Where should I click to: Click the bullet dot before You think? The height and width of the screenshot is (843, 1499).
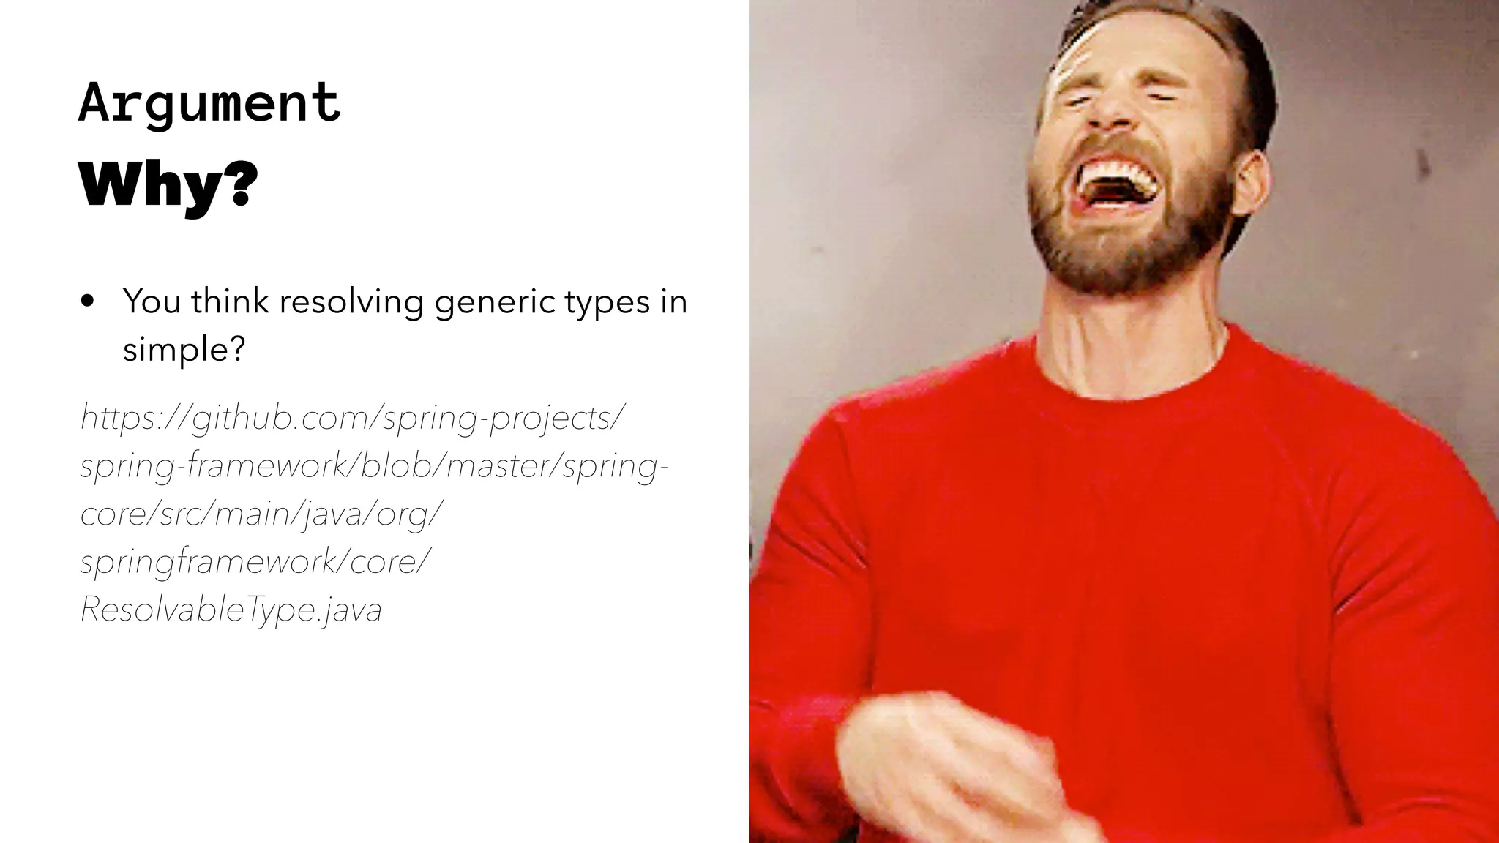click(89, 302)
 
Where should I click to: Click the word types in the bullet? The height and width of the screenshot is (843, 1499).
click(599, 301)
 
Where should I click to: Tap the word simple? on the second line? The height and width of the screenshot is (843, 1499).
click(183, 349)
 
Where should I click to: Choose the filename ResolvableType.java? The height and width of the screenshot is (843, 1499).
click(231, 609)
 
